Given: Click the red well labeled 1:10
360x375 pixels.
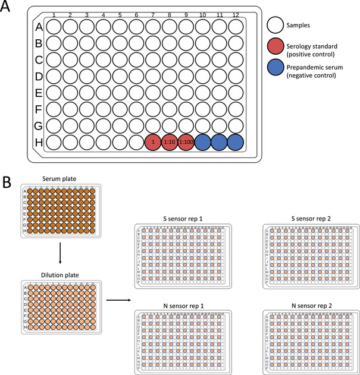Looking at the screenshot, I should (x=170, y=143).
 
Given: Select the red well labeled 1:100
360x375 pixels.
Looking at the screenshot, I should (x=186, y=143).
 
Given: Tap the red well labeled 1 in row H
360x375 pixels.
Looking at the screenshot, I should (x=153, y=143).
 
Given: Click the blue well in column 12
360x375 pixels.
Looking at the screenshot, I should (x=236, y=143).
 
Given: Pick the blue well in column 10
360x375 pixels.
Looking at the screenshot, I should (x=203, y=143).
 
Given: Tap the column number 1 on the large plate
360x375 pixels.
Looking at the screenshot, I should (x=54, y=15).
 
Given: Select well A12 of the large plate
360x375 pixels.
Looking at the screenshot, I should (x=236, y=27).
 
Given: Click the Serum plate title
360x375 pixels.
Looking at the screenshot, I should (x=61, y=178).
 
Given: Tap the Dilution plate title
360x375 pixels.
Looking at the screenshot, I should (x=61, y=275).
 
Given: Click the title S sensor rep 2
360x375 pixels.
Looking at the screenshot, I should (x=306, y=219).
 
